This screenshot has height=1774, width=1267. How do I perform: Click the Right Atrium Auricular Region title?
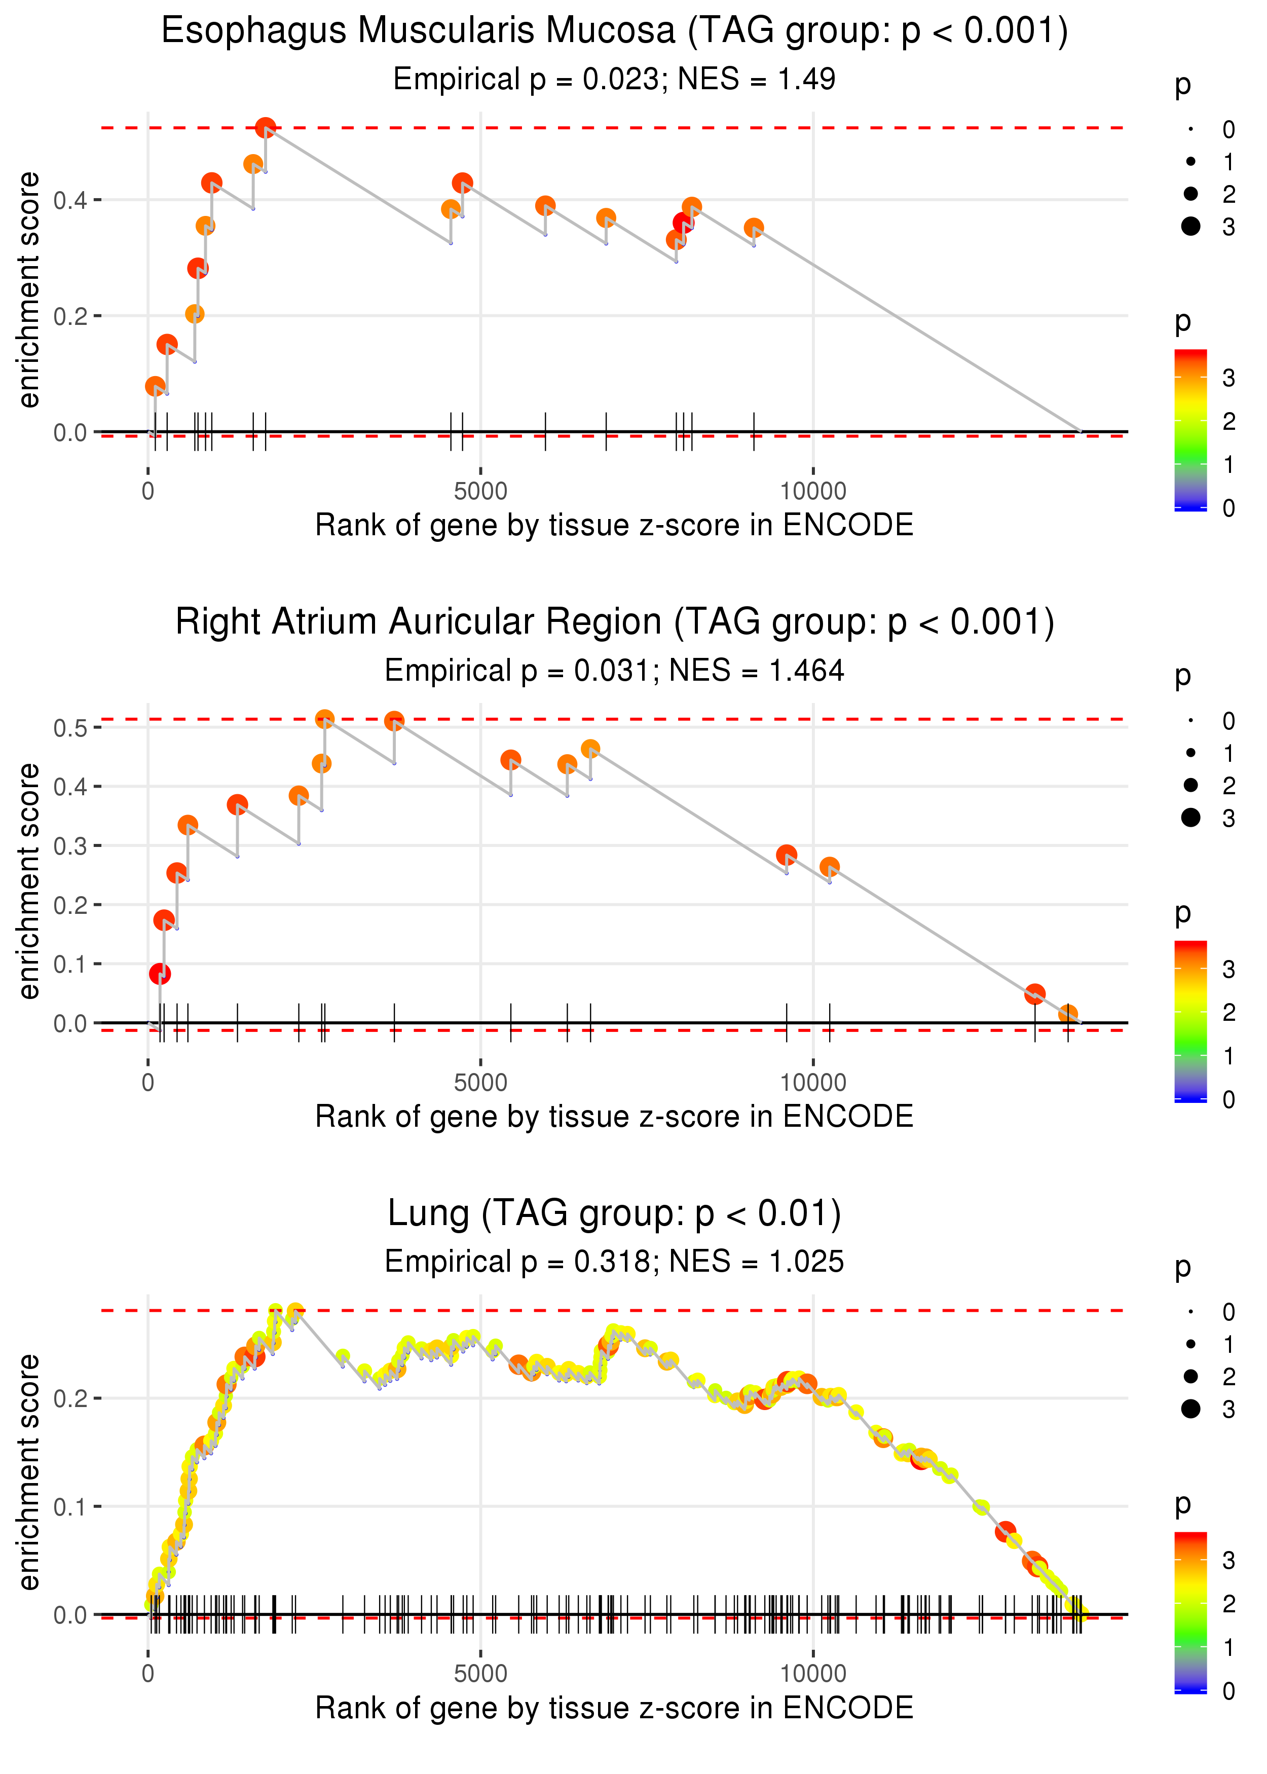(614, 622)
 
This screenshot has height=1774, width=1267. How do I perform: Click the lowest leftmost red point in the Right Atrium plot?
(160, 974)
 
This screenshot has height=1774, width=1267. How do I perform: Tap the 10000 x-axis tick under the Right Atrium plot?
(813, 1082)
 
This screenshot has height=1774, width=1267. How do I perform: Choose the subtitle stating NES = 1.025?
(614, 1262)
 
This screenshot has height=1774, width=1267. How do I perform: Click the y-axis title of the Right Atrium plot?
(29, 881)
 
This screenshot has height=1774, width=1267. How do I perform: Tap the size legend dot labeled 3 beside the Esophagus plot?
(1190, 226)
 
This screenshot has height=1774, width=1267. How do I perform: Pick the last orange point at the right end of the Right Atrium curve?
(1067, 1014)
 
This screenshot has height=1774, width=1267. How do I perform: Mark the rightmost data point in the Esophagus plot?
(754, 228)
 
